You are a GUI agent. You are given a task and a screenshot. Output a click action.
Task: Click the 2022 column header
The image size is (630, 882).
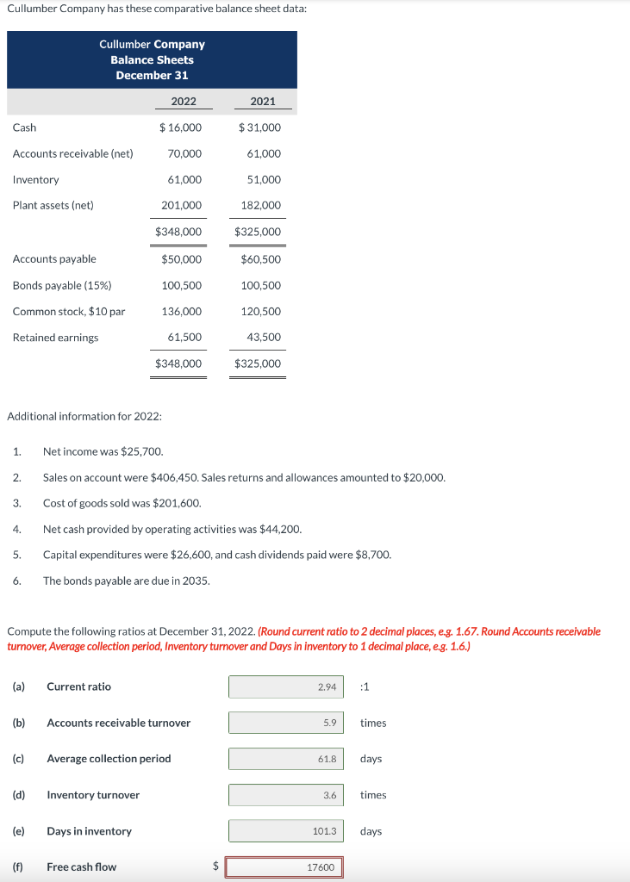coord(183,102)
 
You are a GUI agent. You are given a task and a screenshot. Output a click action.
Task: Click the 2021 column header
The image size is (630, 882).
coord(262,102)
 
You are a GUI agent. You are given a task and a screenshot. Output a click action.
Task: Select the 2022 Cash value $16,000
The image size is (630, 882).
coord(181,127)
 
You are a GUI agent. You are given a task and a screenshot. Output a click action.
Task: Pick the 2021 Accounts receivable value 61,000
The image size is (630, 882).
coord(264,153)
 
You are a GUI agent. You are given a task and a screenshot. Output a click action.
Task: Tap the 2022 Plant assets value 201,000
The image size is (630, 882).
coord(182,205)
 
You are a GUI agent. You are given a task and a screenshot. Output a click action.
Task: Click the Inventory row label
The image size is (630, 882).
coord(36,179)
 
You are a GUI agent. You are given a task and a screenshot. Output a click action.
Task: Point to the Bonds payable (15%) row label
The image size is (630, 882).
coord(62,285)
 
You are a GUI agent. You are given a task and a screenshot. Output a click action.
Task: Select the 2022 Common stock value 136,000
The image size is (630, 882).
coord(182,311)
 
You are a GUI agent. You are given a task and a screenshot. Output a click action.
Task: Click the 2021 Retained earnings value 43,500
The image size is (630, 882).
coord(264,337)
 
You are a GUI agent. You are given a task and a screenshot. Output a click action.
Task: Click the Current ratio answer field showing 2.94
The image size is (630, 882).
coord(285,686)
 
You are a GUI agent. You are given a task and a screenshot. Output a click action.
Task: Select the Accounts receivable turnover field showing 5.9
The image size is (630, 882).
coord(285,723)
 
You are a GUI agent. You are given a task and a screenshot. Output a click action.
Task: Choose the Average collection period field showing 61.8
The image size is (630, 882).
coord(285,759)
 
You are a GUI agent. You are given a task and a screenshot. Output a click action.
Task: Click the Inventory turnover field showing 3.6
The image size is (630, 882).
coord(285,795)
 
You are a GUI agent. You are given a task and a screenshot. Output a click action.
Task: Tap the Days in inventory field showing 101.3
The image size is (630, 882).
coord(285,831)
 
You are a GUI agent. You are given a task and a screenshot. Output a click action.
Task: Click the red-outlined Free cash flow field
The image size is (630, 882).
coord(284,867)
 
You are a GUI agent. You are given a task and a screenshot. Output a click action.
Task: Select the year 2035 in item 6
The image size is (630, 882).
coord(196,581)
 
